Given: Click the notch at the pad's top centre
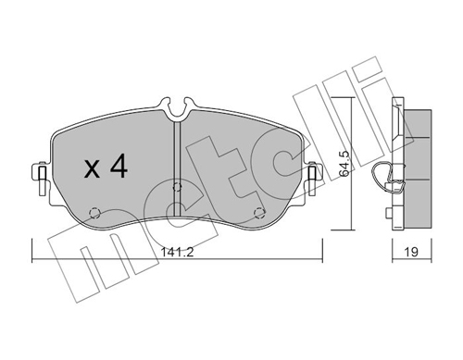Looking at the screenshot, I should pyautogui.click(x=176, y=110).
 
